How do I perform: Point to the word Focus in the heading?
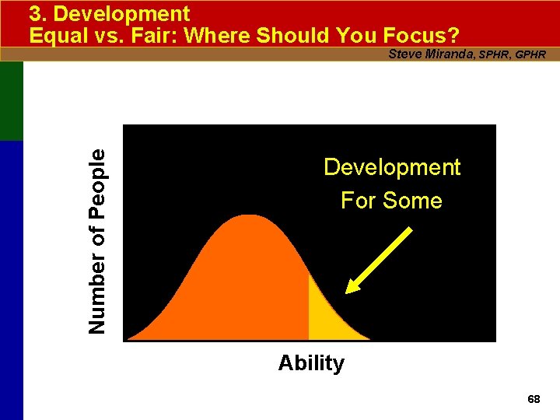(x=418, y=36)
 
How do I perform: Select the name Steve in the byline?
(x=404, y=54)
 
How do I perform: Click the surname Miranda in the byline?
(x=450, y=54)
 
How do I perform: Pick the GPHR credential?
(x=530, y=54)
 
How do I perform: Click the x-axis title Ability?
(x=311, y=363)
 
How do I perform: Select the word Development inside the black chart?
(x=392, y=167)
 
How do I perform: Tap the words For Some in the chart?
(x=391, y=201)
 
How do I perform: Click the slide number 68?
(x=534, y=399)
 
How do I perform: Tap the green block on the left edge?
(x=12, y=101)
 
